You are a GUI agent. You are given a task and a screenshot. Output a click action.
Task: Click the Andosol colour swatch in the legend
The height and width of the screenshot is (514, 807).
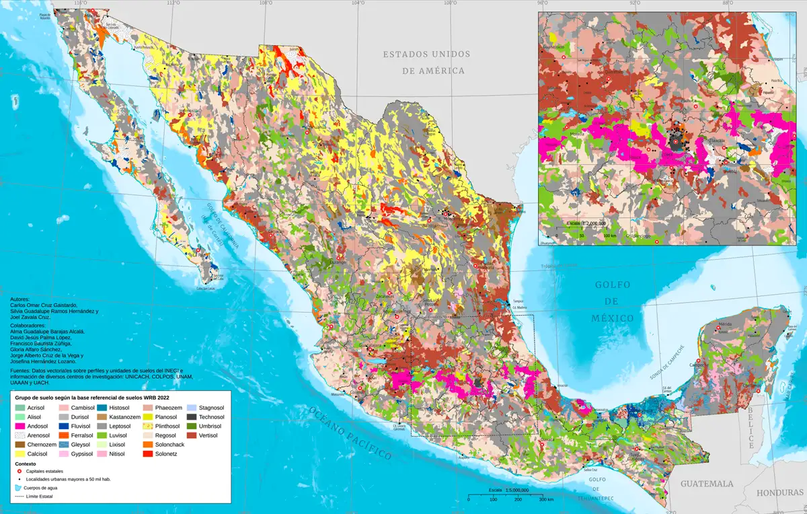point(21,427)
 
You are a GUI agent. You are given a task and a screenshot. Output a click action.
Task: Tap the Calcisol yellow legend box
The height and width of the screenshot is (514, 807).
point(21,455)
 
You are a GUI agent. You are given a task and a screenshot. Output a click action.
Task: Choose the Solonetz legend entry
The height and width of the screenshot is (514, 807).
point(145,455)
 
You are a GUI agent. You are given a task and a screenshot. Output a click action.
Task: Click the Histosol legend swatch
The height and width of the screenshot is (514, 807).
point(102,408)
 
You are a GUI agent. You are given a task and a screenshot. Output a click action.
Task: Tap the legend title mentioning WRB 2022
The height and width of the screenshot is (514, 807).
point(98,398)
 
